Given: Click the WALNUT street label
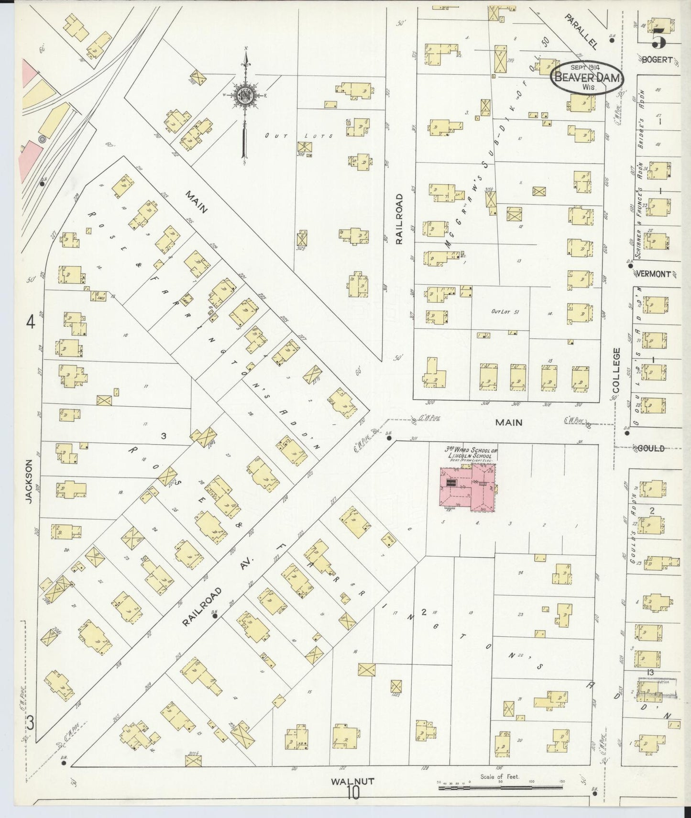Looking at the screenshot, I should click(352, 781).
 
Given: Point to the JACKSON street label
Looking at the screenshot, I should click(29, 481).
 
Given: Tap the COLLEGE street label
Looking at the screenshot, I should click(616, 371).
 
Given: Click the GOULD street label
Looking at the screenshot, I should click(651, 448).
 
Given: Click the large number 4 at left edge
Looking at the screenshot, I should click(31, 323).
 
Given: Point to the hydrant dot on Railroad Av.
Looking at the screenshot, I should click(215, 616).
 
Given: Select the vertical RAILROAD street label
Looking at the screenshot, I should click(399, 219).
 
